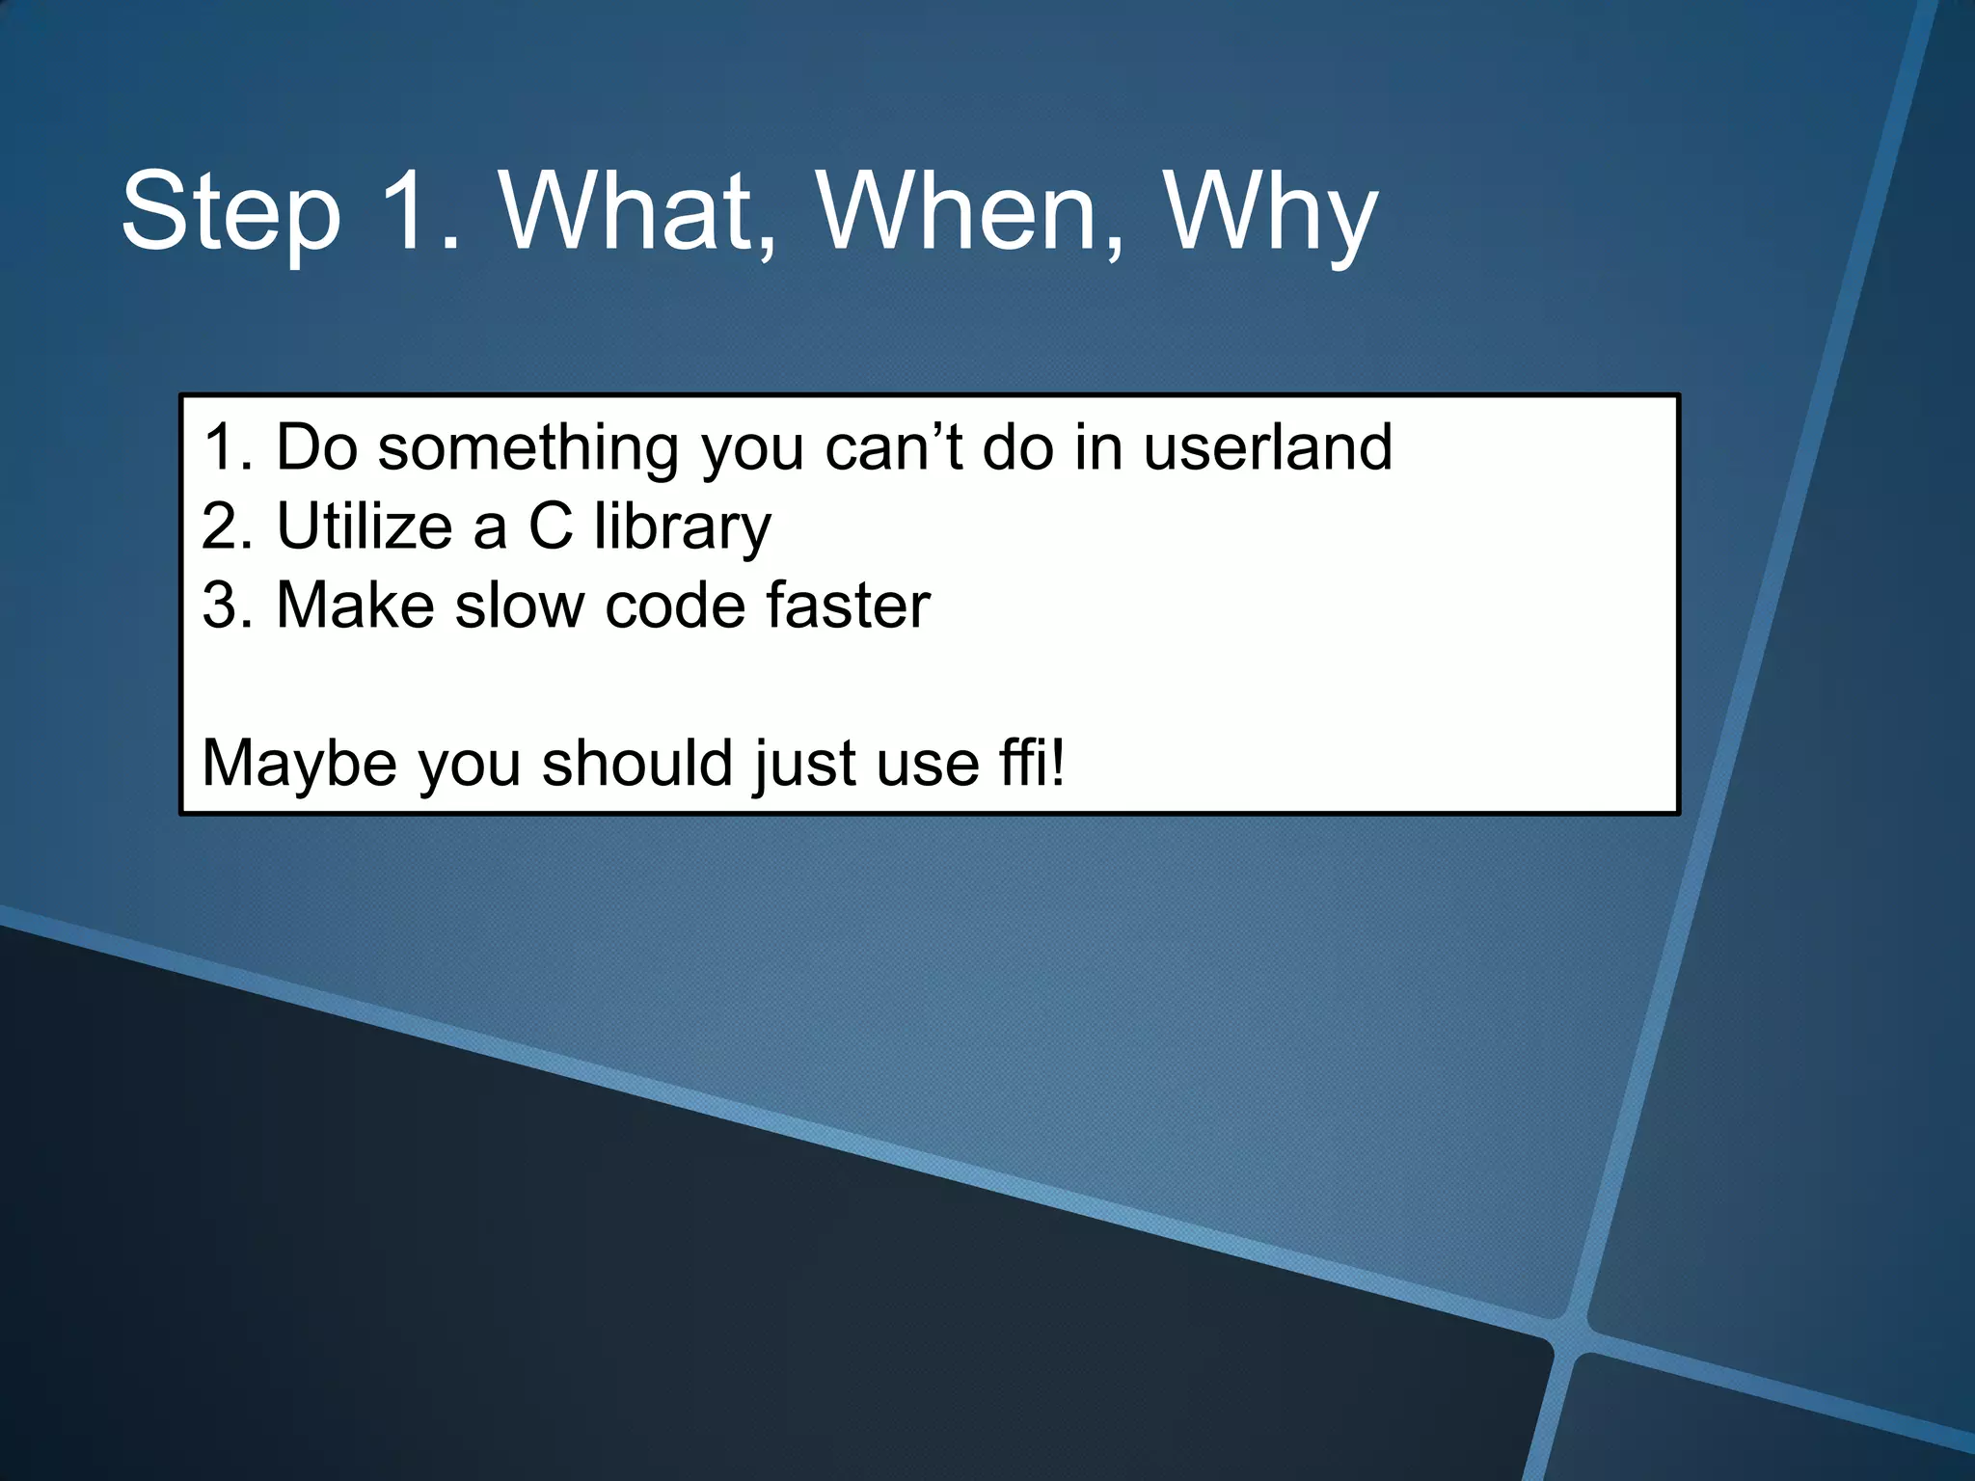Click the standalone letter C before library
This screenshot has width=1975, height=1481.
[551, 526]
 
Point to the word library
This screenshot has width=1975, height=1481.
[683, 528]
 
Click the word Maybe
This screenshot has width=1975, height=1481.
[299, 764]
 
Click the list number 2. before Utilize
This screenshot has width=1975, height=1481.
[228, 526]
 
